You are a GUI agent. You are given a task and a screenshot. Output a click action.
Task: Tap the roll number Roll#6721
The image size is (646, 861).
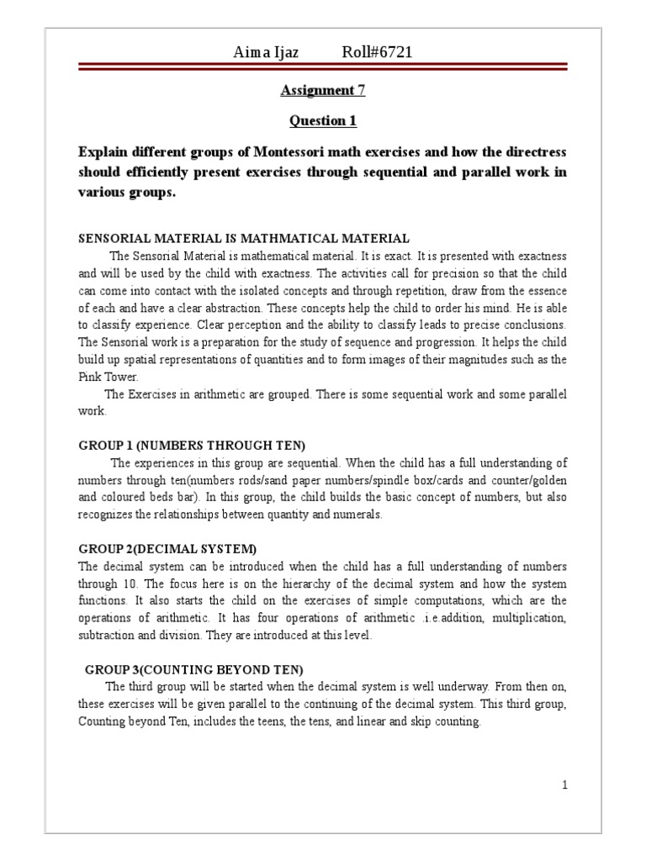tap(377, 53)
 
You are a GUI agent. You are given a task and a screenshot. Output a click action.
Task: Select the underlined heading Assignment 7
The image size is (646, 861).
tap(323, 90)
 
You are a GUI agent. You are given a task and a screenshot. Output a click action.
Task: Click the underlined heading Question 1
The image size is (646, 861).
tap(323, 121)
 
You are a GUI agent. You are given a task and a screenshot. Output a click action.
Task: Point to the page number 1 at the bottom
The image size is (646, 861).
tap(565, 785)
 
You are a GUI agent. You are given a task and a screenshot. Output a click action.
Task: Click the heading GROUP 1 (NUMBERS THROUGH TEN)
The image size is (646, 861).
tap(192, 445)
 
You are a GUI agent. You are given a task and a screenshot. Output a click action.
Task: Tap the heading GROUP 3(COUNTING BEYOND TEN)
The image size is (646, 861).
tap(194, 669)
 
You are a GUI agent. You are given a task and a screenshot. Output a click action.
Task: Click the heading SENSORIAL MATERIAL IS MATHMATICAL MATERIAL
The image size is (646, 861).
tap(244, 238)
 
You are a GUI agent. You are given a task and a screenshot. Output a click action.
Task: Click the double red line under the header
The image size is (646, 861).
tap(323, 68)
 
